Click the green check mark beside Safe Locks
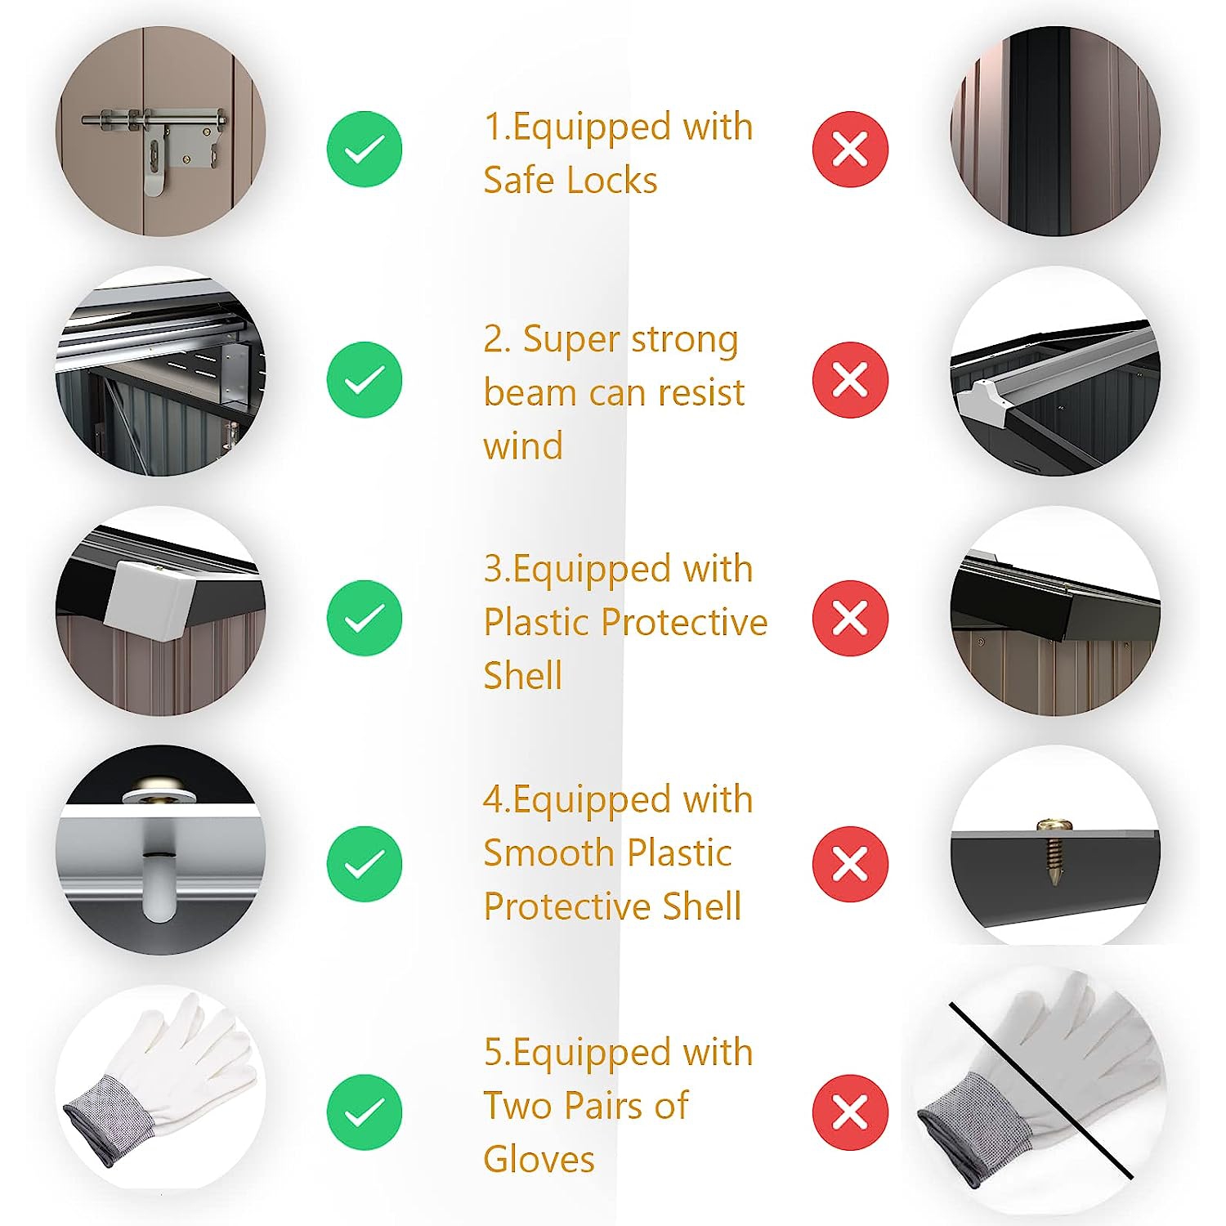[x=365, y=150]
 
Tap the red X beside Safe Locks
[x=850, y=150]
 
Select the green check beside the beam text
[x=365, y=380]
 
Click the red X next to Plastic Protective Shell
[x=850, y=618]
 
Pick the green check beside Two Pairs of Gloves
[x=365, y=1112]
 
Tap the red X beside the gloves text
[x=850, y=1112]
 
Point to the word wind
[x=523, y=446]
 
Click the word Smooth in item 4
[x=549, y=853]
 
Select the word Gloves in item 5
[x=539, y=1159]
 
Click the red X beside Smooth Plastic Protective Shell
[x=850, y=864]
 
